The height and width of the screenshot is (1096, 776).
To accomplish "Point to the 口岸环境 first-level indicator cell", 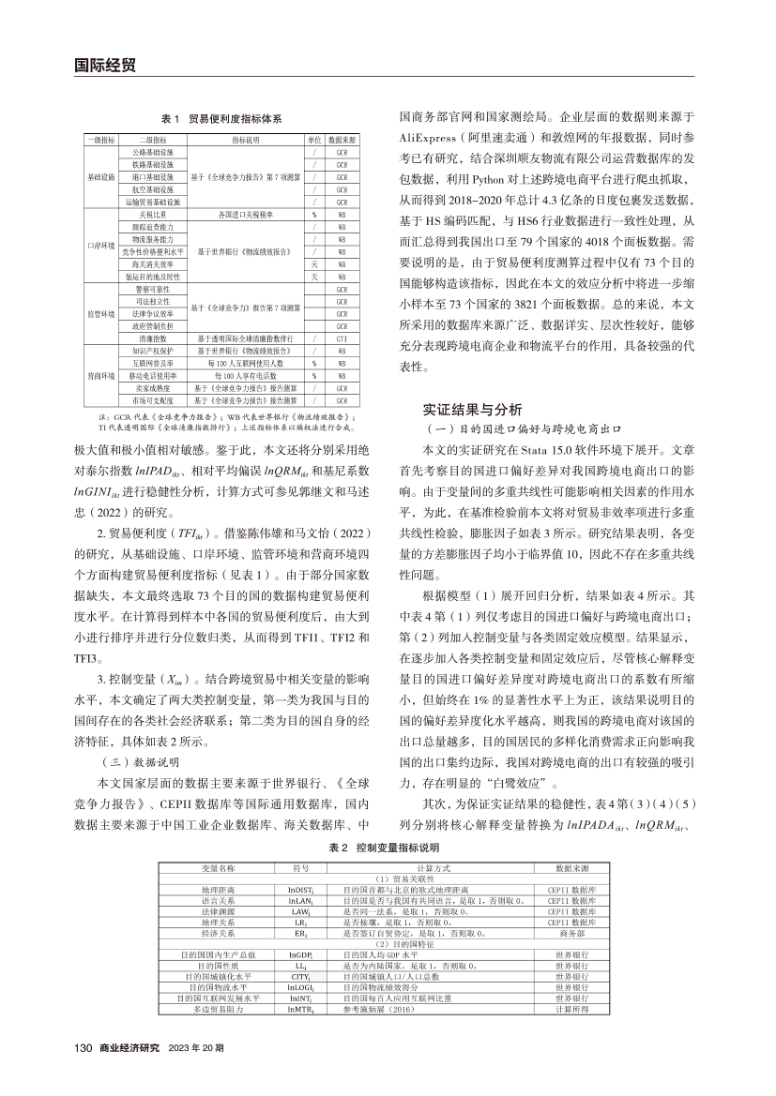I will (x=100, y=246).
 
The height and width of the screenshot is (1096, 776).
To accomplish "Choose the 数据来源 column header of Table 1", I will (x=342, y=139).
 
